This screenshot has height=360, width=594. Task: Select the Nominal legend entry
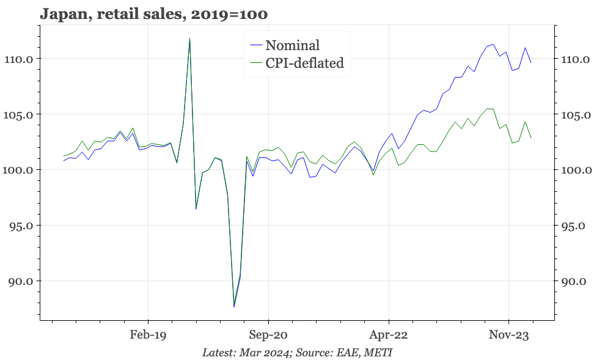(292, 45)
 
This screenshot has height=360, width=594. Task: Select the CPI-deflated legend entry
(304, 62)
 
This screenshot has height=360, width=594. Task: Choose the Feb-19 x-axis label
(148, 335)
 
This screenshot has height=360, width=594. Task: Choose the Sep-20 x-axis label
(268, 335)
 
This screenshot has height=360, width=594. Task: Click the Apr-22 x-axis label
(389, 335)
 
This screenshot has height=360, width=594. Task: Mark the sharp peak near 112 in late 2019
(189, 39)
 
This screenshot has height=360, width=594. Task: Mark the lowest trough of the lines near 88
(234, 306)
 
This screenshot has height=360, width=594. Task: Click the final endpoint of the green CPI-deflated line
(531, 138)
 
